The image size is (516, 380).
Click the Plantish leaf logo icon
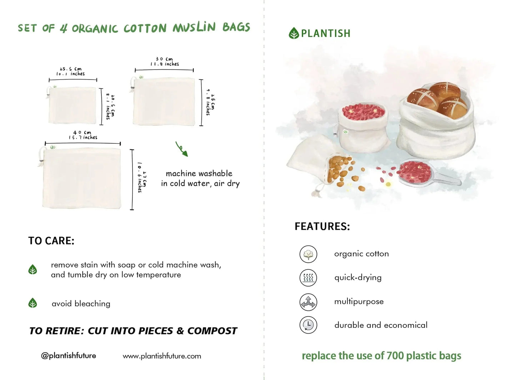tap(294, 33)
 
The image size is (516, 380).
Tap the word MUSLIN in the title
tap(194, 27)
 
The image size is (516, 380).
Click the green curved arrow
tap(181, 149)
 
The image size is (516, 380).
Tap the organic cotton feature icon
tap(308, 254)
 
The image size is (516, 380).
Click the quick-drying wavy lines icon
tap(308, 278)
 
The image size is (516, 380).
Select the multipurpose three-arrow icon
tap(308, 302)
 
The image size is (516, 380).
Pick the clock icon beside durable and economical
tap(308, 325)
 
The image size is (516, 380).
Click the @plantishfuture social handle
tap(68, 356)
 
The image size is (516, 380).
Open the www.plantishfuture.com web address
tap(162, 356)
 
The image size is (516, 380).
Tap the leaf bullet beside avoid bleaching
tap(32, 303)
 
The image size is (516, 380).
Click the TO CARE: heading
tap(51, 241)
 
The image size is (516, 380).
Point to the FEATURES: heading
tap(322, 227)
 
